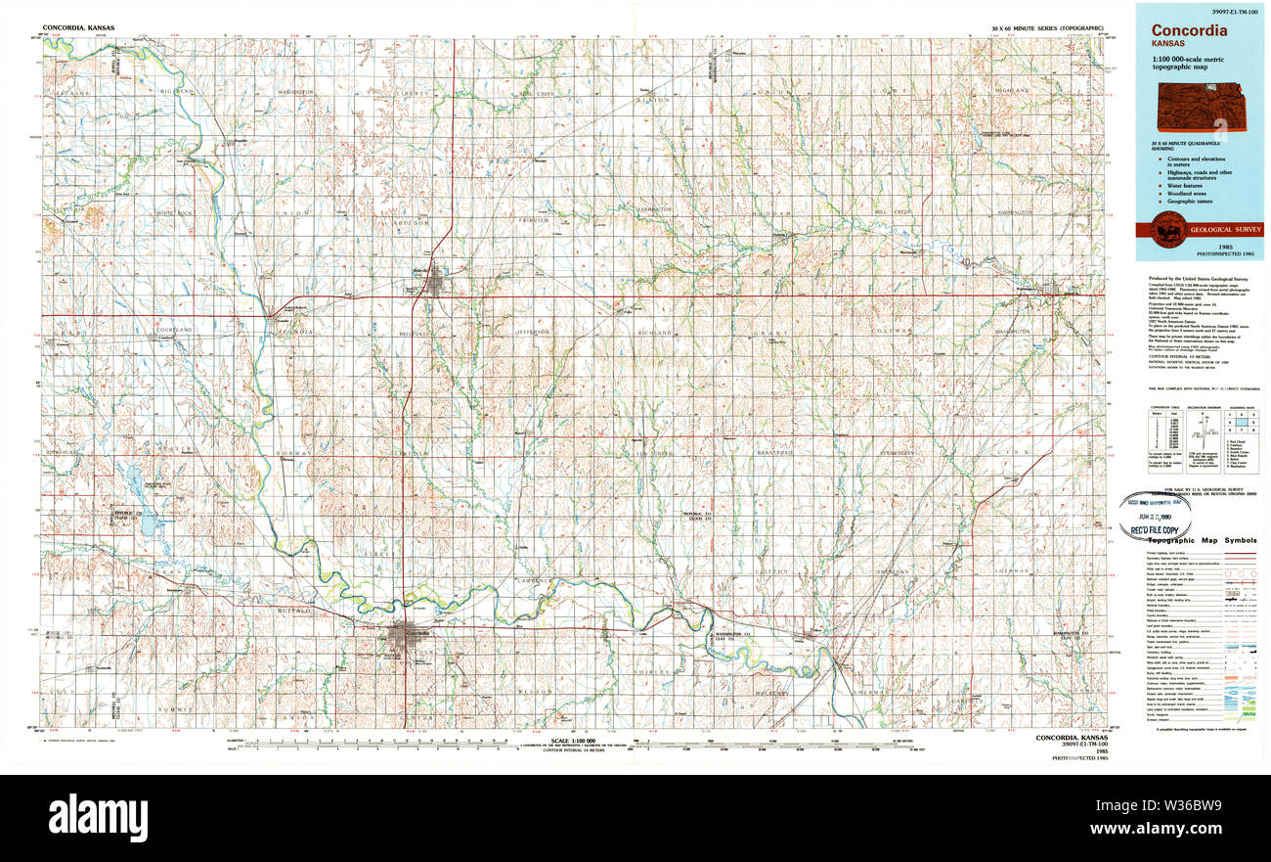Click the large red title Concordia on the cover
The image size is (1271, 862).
coord(1189,30)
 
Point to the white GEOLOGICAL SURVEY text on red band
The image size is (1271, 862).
coord(1224,230)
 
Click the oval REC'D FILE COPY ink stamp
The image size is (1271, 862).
coord(1160,517)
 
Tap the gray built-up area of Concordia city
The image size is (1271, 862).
coord(399,636)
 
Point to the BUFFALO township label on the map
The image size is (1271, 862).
coord(296,610)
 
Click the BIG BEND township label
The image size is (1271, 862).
coord(179,91)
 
